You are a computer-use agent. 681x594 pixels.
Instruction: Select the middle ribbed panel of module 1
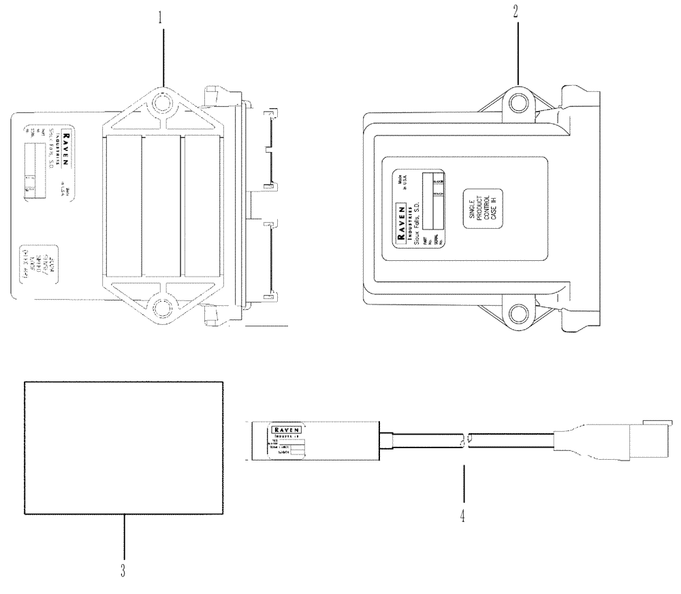click(161, 204)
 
